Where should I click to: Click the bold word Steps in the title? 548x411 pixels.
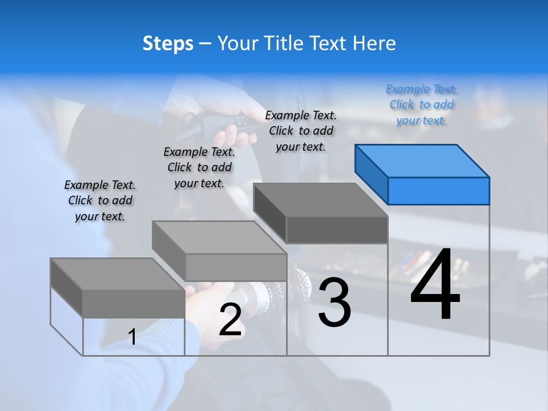click(168, 43)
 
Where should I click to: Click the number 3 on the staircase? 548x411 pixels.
click(335, 303)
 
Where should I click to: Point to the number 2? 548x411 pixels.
click(230, 320)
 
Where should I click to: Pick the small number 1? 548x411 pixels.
click(132, 337)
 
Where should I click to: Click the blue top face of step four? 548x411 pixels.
click(422, 161)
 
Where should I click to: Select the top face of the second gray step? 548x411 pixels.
click(219, 237)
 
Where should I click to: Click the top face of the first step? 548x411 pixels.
click(118, 274)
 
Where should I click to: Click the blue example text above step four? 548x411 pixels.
click(422, 105)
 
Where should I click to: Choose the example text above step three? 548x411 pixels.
click(301, 131)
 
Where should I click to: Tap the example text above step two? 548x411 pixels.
click(199, 168)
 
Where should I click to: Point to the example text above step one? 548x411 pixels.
click(100, 201)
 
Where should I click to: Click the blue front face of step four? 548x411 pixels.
click(438, 191)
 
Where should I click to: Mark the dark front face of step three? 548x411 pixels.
click(337, 229)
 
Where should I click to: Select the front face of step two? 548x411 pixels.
click(236, 267)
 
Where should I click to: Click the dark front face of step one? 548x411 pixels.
click(134, 304)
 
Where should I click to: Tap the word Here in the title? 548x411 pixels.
click(374, 43)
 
